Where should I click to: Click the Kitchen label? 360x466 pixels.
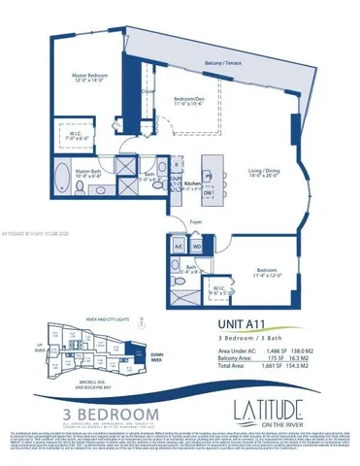192,183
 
